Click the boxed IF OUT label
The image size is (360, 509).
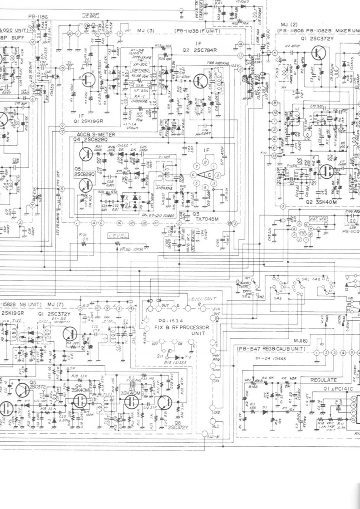91,15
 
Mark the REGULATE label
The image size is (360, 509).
323,380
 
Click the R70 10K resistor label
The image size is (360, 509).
83,237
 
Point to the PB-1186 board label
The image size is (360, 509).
38,17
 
